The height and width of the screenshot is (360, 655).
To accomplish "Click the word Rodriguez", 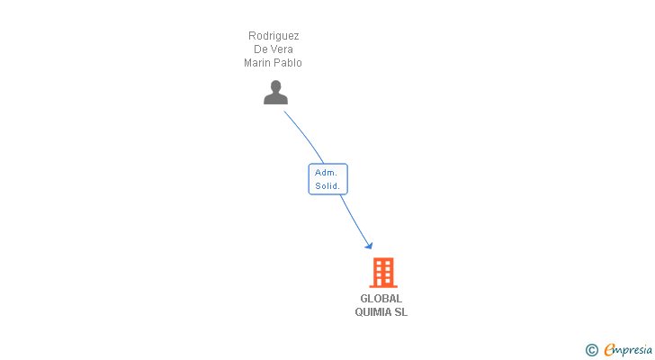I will tap(274, 36).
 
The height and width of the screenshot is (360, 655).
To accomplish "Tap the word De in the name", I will tap(261, 49).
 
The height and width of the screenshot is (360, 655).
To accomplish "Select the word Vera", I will tap(282, 49).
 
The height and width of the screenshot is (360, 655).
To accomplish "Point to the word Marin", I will tap(258, 63).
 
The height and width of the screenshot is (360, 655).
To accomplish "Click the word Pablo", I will tap(289, 63).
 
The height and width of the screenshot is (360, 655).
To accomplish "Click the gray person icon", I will tap(275, 93).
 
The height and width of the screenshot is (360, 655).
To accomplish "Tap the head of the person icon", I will tap(275, 86).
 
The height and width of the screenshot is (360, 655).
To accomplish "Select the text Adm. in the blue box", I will tap(326, 172).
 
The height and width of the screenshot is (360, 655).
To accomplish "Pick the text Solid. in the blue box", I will tap(327, 186).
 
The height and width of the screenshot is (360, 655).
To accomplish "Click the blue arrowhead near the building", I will tap(368, 245).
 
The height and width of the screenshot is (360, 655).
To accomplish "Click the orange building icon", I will tap(383, 273).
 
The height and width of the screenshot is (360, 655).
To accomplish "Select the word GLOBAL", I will tap(381, 299).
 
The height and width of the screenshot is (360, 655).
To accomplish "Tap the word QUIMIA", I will tap(373, 312).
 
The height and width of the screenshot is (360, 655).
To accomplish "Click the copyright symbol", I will tap(591, 350).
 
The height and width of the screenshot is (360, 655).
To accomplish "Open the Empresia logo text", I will tap(629, 350).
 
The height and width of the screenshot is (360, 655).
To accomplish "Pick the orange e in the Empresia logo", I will tap(609, 350).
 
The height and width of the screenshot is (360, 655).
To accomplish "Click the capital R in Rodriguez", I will tap(252, 36).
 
